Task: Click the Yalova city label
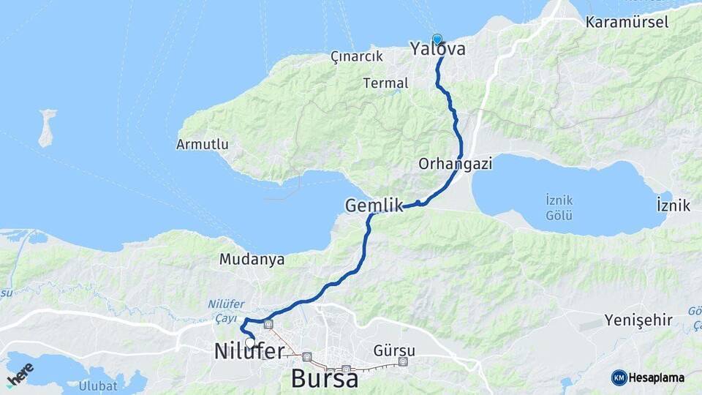tap(437, 50)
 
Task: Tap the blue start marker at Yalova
tap(437, 39)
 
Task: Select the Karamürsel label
tap(627, 22)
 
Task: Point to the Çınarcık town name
tap(357, 56)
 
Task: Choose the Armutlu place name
tap(202, 144)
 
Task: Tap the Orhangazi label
tap(456, 164)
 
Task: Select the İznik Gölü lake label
tap(559, 208)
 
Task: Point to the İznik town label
tap(673, 205)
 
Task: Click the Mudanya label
tap(252, 259)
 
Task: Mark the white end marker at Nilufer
tap(250, 342)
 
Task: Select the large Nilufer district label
tap(249, 352)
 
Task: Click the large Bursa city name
tap(324, 378)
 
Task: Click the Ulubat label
tap(98, 385)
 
